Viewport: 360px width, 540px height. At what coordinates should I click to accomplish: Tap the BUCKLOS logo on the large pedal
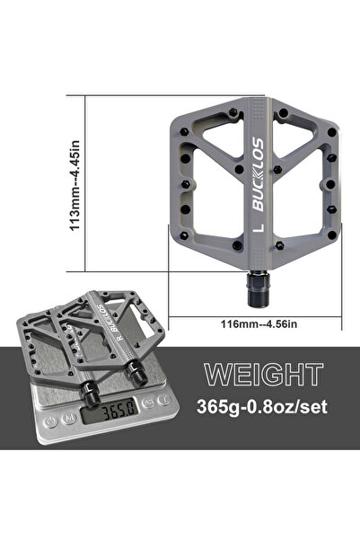tap(259, 174)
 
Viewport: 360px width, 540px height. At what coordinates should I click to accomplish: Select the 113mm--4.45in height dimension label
tap(75, 186)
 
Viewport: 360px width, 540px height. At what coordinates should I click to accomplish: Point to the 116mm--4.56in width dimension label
tap(259, 324)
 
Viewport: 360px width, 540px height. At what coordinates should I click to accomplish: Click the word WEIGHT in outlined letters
tap(264, 375)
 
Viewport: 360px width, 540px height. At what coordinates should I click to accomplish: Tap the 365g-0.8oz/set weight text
tap(262, 406)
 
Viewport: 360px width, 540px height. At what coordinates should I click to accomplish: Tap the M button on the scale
tap(69, 419)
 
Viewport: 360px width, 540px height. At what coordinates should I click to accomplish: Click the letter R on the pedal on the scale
tap(120, 338)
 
